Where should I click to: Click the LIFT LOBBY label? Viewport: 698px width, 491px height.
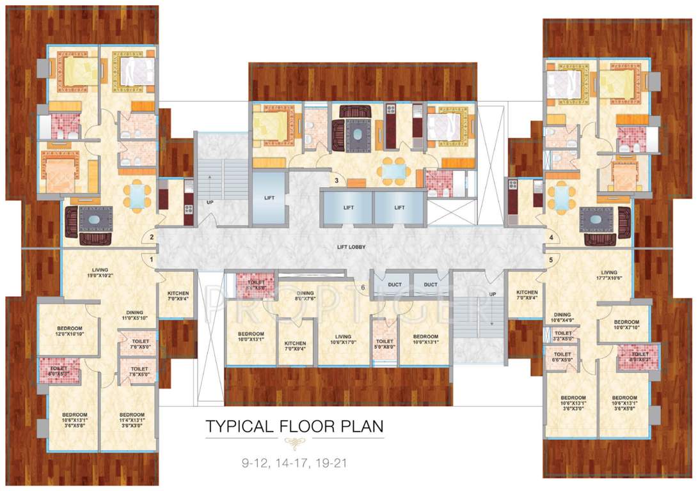(352, 247)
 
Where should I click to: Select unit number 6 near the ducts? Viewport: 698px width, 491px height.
(363, 287)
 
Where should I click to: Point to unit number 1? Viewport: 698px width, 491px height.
(151, 260)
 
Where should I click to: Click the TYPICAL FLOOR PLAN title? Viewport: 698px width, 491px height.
(294, 425)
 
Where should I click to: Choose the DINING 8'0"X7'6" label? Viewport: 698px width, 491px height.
(305, 295)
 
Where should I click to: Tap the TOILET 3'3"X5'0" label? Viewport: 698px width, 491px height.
(563, 336)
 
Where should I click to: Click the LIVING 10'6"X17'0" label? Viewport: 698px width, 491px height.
(344, 339)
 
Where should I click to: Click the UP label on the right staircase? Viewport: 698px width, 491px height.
(492, 295)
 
